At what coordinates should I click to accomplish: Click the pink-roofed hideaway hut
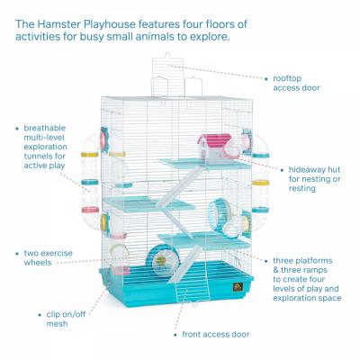tap(214, 147)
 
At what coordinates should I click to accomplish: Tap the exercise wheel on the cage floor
tap(162, 261)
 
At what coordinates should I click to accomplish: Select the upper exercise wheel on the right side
tap(220, 215)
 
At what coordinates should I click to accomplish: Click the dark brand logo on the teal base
tap(237, 287)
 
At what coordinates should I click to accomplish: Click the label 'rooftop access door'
tap(296, 83)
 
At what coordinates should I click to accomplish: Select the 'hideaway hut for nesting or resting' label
tap(314, 179)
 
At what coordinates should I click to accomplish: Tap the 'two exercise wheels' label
tap(48, 257)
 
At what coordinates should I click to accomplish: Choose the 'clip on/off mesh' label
tap(66, 319)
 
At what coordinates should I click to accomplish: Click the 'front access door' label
tap(216, 334)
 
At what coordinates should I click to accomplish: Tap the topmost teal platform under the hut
tap(204, 164)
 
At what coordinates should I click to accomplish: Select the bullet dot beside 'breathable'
tap(17, 129)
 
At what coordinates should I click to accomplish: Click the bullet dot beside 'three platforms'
tap(265, 261)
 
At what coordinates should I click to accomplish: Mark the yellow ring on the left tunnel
tap(89, 155)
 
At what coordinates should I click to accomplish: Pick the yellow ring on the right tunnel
tap(260, 183)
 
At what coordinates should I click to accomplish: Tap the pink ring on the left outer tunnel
tap(90, 210)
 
